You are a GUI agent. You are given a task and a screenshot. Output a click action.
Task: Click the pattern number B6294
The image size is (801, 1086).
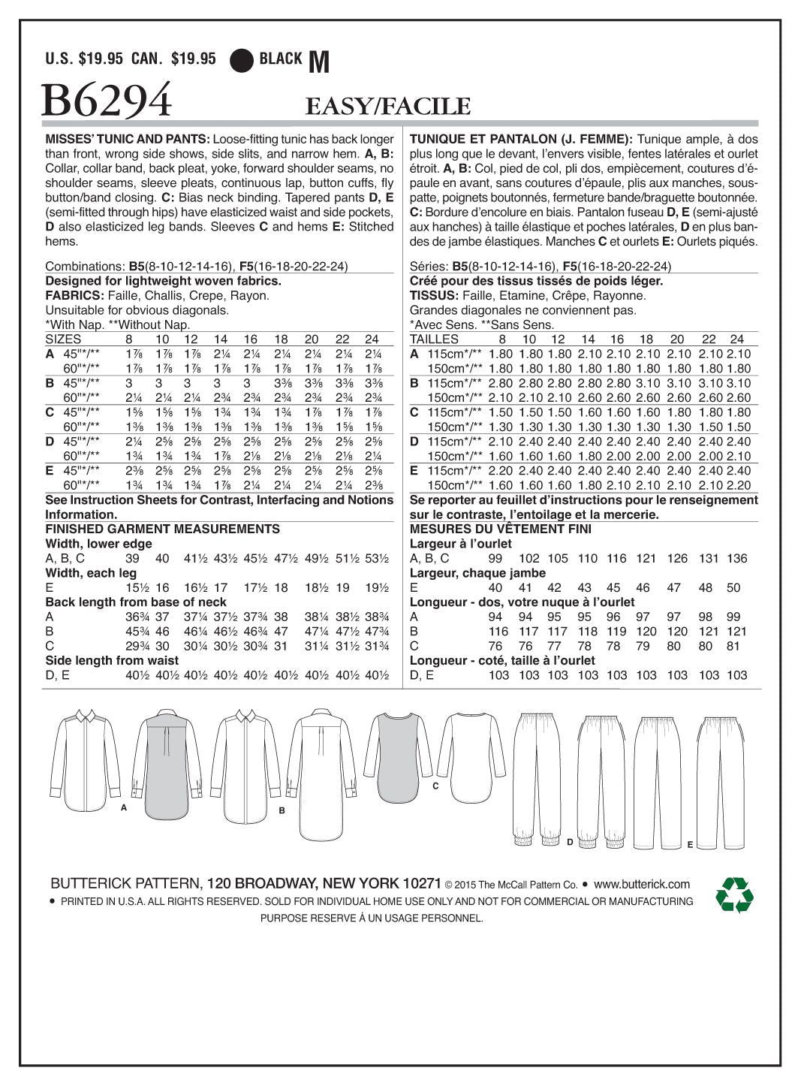107,101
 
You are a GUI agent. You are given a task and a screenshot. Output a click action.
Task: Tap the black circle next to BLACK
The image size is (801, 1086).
242,59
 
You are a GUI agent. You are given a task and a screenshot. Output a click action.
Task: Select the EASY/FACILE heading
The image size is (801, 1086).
387,107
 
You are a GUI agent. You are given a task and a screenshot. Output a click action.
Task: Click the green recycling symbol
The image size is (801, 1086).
733,894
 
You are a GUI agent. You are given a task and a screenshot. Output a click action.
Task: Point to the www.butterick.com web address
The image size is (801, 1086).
641,884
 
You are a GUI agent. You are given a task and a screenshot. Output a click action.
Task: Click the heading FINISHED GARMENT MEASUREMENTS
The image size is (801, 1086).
162,529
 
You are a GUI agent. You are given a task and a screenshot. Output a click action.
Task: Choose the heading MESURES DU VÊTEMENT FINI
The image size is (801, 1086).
500,529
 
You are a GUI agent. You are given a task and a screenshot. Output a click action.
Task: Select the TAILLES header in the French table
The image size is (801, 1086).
434,339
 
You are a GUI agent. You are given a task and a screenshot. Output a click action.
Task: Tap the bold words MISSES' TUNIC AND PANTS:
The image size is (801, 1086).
128,139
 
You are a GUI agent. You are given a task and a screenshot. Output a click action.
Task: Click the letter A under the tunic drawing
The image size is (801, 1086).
123,807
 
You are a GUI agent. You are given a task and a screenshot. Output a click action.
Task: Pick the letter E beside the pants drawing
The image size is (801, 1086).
689,845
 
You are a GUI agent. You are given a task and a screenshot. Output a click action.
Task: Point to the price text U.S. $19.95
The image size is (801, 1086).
84,59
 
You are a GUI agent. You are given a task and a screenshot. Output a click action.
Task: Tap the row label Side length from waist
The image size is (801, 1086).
112,661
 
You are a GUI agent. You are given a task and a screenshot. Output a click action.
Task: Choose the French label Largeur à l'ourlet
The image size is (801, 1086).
460,544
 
